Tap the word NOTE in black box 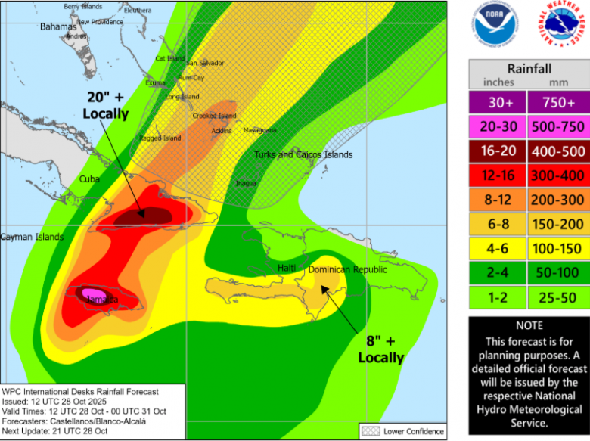point(529,325)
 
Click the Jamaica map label point(101,300)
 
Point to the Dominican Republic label point(347,269)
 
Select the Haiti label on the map point(286,268)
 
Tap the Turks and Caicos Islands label point(303,154)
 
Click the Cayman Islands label point(32,237)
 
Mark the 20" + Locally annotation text point(105,106)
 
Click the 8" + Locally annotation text point(380,350)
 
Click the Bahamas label point(58,26)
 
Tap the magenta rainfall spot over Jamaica point(93,293)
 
